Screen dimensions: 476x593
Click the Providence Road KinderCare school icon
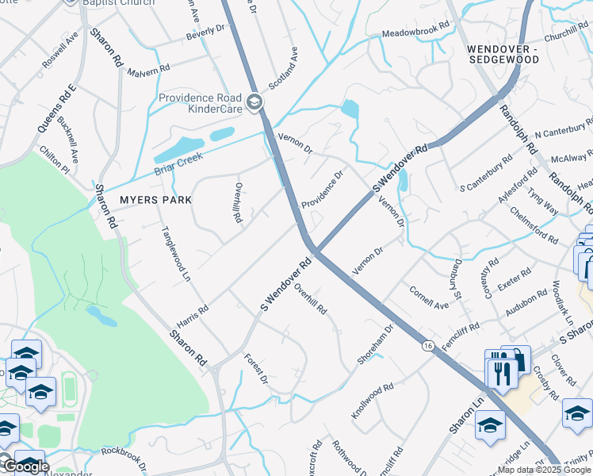point(254,102)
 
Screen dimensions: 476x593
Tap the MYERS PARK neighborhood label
point(155,200)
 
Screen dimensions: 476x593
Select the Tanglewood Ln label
point(176,254)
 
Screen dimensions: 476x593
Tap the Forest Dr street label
point(256,368)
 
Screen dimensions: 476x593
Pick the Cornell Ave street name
point(429,299)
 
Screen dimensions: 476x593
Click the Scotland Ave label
point(282,68)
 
